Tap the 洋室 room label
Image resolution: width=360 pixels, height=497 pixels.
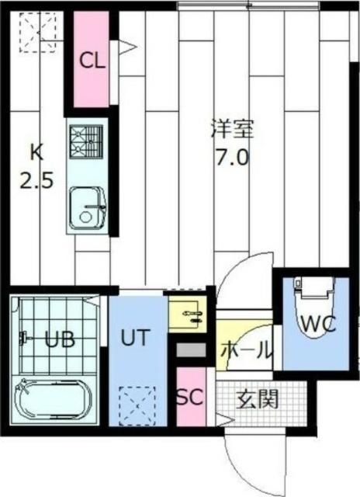point(232,128)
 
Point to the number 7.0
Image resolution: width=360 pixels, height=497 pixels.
point(232,158)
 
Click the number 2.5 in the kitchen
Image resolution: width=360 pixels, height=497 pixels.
point(36,182)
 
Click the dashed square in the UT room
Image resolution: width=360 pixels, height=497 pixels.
point(137,403)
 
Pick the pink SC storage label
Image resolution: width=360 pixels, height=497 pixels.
point(189,398)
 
